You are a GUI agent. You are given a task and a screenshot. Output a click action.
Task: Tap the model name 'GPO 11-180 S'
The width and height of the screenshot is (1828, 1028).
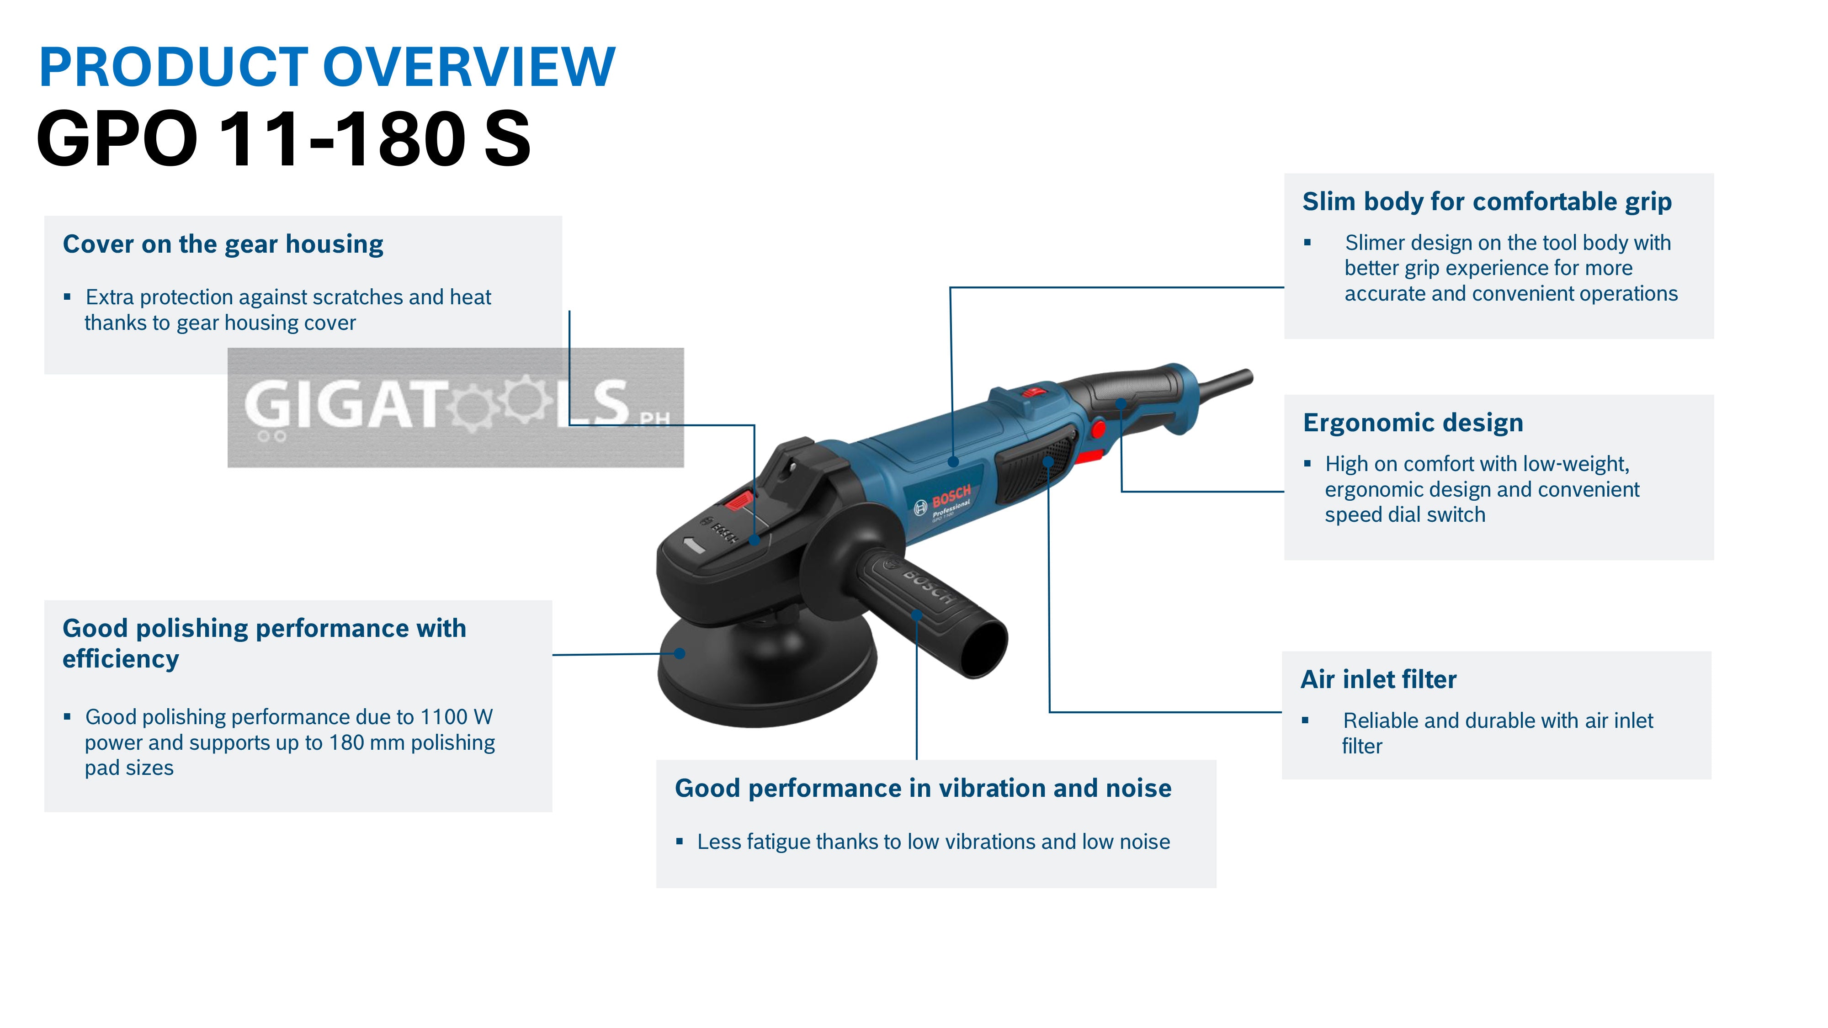pyautogui.click(x=283, y=139)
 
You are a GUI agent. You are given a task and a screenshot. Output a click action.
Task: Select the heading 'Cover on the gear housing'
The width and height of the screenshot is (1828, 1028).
pyautogui.click(x=223, y=244)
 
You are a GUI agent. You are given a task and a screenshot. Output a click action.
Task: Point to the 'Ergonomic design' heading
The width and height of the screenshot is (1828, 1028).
pyautogui.click(x=1413, y=423)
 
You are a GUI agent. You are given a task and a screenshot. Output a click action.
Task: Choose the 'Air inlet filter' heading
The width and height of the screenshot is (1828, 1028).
pyautogui.click(x=1378, y=680)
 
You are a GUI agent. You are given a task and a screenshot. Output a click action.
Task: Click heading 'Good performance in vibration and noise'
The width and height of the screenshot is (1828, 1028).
pyautogui.click(x=923, y=788)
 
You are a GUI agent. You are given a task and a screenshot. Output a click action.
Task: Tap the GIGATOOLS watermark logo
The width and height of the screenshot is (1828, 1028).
pyautogui.click(x=456, y=407)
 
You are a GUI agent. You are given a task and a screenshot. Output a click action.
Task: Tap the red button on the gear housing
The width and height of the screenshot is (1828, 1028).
pyautogui.click(x=738, y=502)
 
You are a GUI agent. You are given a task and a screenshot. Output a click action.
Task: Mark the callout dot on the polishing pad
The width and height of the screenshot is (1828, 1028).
pyautogui.click(x=679, y=653)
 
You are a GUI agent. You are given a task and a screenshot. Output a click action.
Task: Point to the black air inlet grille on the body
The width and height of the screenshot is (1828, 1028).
pyautogui.click(x=1036, y=468)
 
